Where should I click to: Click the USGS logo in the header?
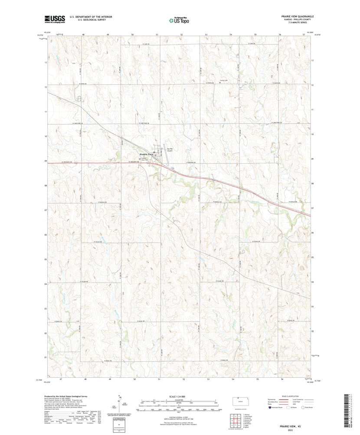54,19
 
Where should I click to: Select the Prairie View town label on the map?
146,155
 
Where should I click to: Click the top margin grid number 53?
206,34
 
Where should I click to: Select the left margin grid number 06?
45,234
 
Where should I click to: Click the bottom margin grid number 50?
135,379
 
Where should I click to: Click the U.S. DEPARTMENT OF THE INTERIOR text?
88,16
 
